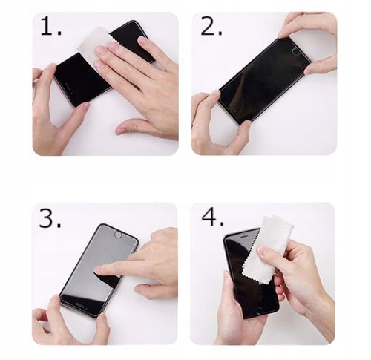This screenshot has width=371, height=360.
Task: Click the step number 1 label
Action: click(x=50, y=28)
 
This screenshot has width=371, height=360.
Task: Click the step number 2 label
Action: click(x=211, y=27)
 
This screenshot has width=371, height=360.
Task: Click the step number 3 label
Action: click(x=50, y=218)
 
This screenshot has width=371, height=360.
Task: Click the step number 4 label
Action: click(x=212, y=217)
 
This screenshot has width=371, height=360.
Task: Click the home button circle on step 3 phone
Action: click(x=117, y=235)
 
